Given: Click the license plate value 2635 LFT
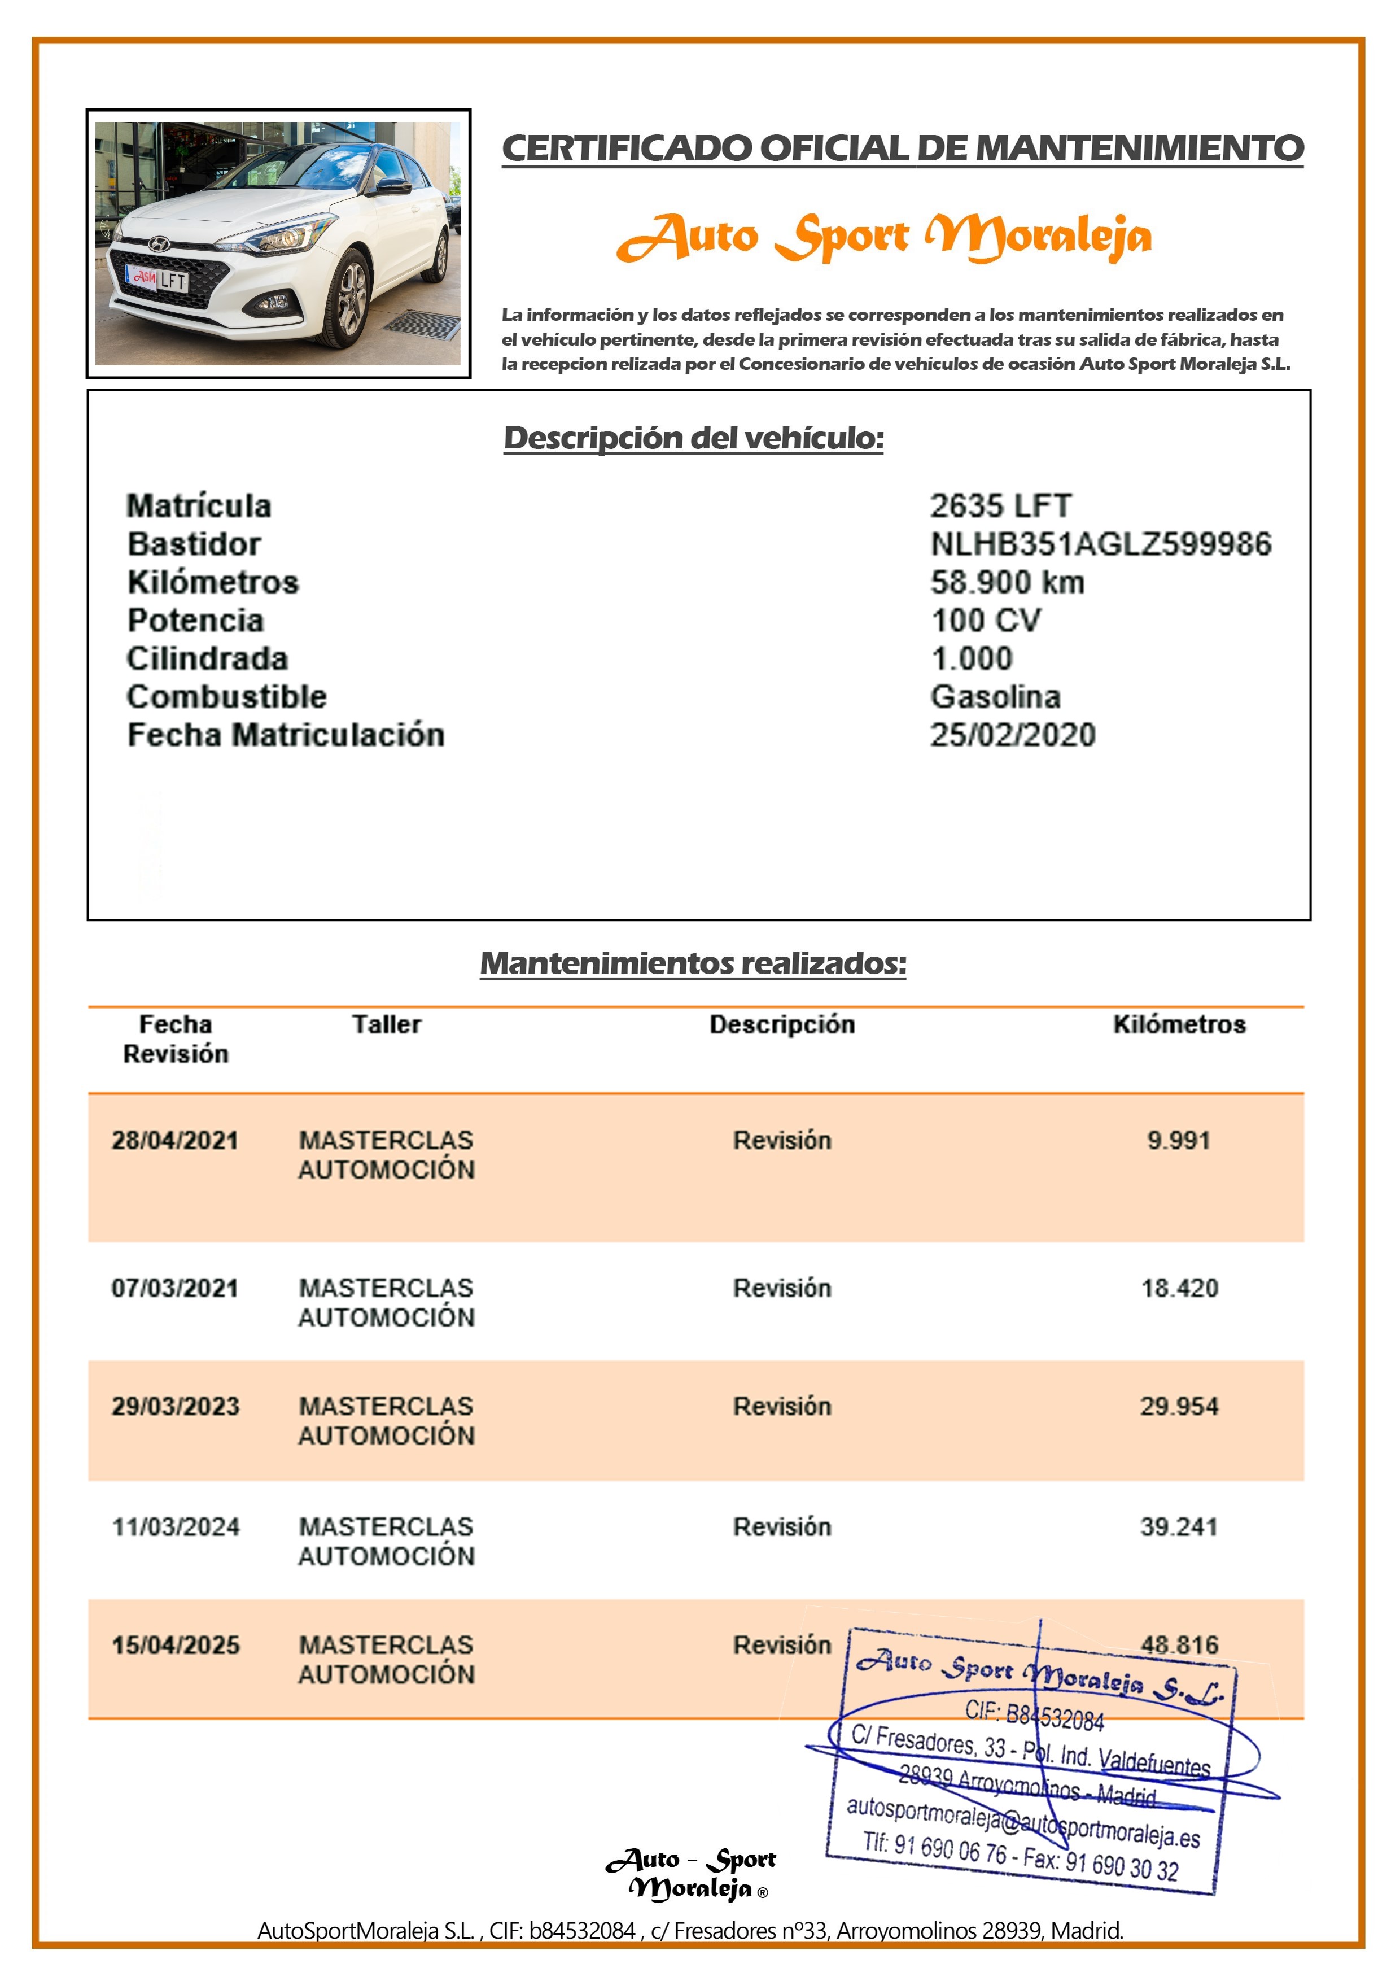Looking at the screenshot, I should click(1001, 505).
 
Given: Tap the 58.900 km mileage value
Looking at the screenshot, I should click(1007, 582).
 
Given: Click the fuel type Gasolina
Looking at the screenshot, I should click(995, 696).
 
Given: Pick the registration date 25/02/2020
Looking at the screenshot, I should click(1013, 735).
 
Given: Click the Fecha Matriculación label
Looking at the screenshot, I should click(286, 735).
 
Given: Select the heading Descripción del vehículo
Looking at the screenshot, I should click(694, 438).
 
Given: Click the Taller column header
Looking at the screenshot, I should click(387, 1024).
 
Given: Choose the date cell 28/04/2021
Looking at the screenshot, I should click(175, 1141).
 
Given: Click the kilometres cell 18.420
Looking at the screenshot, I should click(1179, 1288).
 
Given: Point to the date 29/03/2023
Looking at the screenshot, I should click(175, 1406).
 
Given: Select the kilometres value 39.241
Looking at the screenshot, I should click(1179, 1527).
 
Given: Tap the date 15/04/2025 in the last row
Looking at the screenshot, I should click(175, 1646).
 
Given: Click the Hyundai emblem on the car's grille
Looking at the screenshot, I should click(159, 244).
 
